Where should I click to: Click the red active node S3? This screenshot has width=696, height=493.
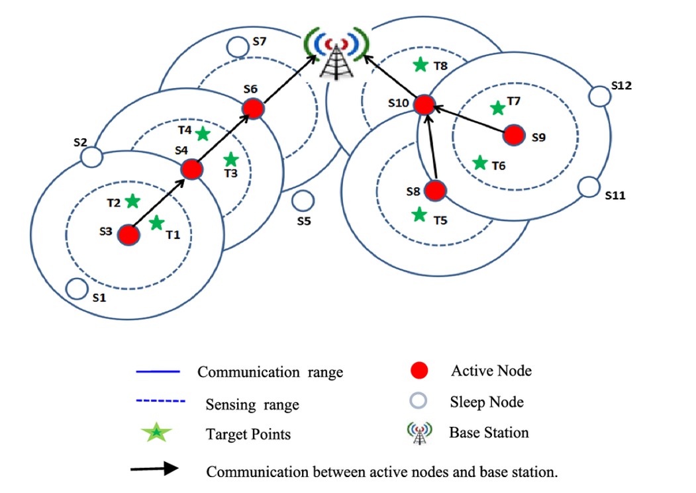pos(129,234)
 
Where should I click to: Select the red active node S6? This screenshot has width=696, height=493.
pos(253,109)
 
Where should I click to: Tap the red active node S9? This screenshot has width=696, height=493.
pos(514,135)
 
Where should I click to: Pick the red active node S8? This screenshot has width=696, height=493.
pos(434,191)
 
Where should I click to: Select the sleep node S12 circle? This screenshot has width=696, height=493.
pos(599,97)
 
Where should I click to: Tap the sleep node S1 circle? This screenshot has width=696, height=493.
pos(77,289)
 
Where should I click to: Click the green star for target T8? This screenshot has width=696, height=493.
pos(421,65)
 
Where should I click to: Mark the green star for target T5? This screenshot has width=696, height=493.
pos(419,214)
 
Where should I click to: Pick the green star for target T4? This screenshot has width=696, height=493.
pos(203,134)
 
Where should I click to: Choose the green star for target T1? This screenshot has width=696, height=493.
pos(156,223)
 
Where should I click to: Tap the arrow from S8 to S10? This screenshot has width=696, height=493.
pos(431,152)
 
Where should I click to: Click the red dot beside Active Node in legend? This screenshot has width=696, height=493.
pos(419,371)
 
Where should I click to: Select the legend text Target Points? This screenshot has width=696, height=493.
pos(248,434)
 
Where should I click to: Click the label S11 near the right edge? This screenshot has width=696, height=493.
pos(615,196)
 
